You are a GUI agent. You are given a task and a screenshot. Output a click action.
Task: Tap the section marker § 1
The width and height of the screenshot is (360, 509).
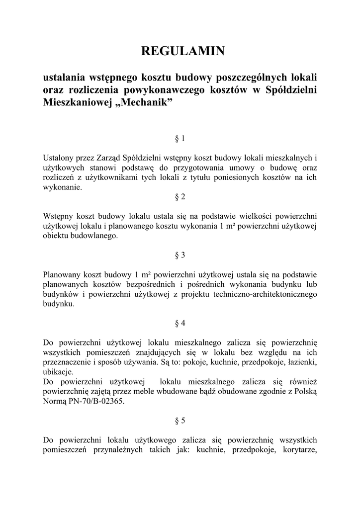[180, 138]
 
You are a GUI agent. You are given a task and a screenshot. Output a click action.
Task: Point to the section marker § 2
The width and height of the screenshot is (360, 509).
[180, 197]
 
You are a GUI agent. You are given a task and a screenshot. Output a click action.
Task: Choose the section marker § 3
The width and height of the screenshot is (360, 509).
[180, 255]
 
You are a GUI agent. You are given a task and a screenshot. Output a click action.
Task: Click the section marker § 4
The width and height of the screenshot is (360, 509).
[180, 323]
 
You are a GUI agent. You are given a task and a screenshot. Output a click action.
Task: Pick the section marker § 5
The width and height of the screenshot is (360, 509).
[180, 421]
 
